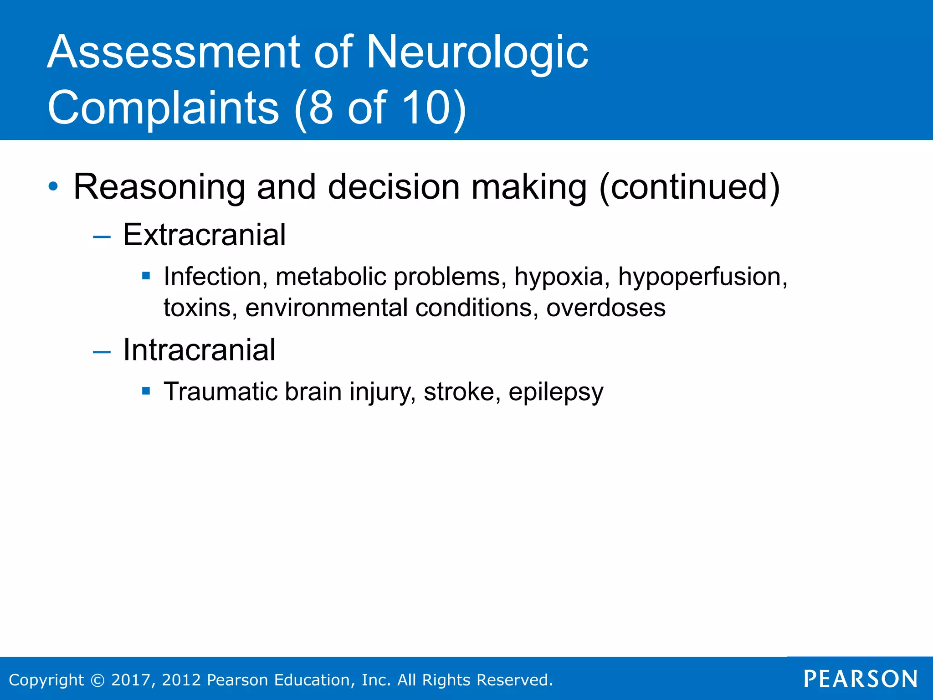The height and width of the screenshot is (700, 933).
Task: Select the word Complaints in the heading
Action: coord(163,108)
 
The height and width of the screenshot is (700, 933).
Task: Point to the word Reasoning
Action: coord(159,187)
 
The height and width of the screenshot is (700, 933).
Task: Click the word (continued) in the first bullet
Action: coord(689,187)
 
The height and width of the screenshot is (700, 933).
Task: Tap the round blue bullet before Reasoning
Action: coord(53,186)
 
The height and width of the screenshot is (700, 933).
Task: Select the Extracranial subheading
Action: coord(205,235)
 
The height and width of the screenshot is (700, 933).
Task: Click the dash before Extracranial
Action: coord(102,237)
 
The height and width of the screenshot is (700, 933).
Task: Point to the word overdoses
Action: coord(606,308)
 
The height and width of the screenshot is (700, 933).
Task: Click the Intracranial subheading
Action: coord(200,350)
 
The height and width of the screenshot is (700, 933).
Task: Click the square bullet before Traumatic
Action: coord(146,391)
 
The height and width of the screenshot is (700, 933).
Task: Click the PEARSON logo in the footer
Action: coord(860,679)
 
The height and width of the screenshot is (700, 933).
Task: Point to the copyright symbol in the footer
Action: coord(97,680)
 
